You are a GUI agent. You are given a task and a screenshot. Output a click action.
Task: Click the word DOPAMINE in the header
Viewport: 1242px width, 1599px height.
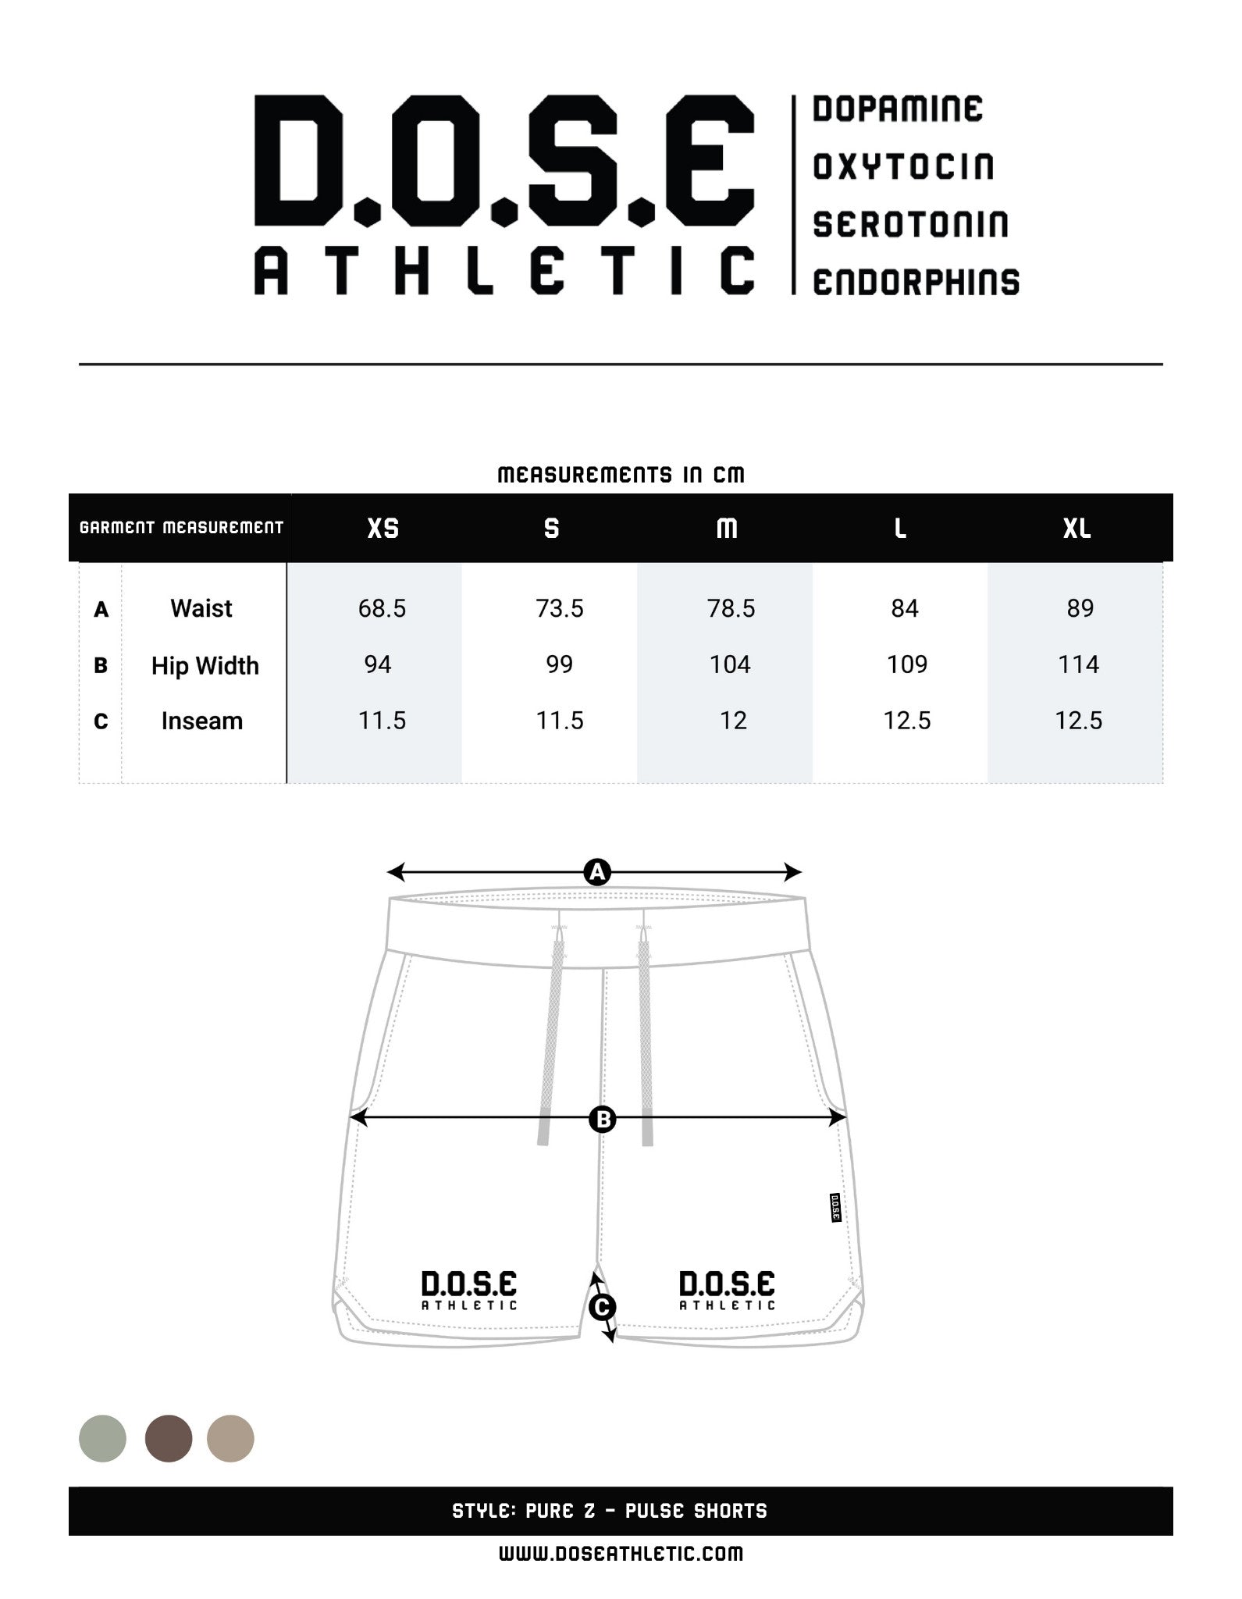[897, 109]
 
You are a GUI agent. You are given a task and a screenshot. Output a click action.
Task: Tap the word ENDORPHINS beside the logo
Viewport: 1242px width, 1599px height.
[916, 282]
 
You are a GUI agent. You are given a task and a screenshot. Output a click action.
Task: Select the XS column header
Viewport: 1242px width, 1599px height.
[383, 529]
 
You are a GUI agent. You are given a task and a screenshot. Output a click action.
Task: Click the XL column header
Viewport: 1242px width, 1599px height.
[1077, 529]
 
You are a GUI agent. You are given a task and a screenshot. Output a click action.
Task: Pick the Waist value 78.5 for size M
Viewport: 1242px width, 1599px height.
[731, 608]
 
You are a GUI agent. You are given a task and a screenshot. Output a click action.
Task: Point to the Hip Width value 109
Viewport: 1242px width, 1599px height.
[906, 664]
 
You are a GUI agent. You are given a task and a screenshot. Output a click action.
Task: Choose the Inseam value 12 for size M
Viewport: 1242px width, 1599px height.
[732, 720]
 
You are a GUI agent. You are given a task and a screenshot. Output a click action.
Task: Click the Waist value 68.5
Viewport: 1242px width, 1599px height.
[382, 608]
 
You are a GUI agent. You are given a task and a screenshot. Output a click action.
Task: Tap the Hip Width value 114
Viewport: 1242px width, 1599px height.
[1078, 664]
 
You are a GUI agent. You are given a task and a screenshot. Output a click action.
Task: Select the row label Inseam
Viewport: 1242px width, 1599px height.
[201, 721]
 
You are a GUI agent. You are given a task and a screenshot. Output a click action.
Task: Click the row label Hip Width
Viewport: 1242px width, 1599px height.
[205, 665]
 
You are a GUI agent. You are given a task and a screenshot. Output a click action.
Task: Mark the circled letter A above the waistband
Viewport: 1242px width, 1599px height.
[597, 872]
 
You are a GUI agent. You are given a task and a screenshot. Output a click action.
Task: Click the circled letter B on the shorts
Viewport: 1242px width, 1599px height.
[603, 1120]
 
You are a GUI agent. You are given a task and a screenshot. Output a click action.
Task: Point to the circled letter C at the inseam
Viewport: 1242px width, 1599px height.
[602, 1307]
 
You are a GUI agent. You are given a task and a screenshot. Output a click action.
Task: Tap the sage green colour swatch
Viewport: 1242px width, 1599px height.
[102, 1438]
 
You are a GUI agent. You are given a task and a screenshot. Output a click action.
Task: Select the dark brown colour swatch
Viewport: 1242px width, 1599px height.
[169, 1438]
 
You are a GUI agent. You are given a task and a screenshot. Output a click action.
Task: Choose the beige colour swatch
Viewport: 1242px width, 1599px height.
[230, 1438]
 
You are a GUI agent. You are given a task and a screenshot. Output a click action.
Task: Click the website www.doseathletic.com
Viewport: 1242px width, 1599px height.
[621, 1553]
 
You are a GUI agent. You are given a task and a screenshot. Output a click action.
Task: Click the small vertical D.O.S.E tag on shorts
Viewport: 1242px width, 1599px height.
[834, 1208]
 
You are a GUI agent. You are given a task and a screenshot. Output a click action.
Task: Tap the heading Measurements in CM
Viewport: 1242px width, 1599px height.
[621, 475]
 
